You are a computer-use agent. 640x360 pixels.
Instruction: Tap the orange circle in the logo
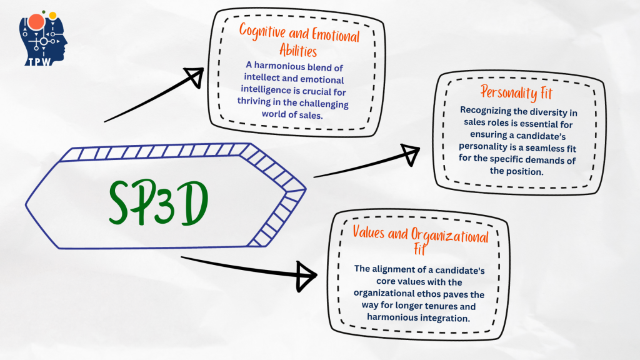pos(36,22)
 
